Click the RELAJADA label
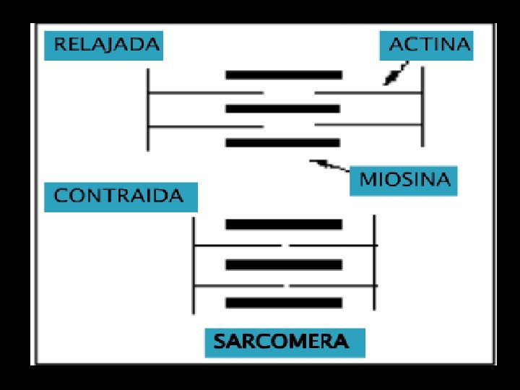[103, 45]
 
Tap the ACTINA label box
[426, 45]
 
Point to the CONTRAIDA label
[119, 196]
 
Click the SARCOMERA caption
[285, 341]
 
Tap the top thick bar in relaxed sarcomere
[283, 74]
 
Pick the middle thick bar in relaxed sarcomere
[282, 109]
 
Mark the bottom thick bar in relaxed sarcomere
[282, 143]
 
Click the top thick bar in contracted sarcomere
[282, 225]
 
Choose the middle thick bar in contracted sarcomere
[282, 265]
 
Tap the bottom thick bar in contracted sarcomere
[282, 303]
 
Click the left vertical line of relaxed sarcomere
[148, 109]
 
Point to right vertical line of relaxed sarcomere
[422, 109]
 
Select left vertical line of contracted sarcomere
[194, 265]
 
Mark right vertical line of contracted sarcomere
[374, 265]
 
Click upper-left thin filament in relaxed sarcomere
[206, 92]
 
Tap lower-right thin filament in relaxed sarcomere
[368, 126]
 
